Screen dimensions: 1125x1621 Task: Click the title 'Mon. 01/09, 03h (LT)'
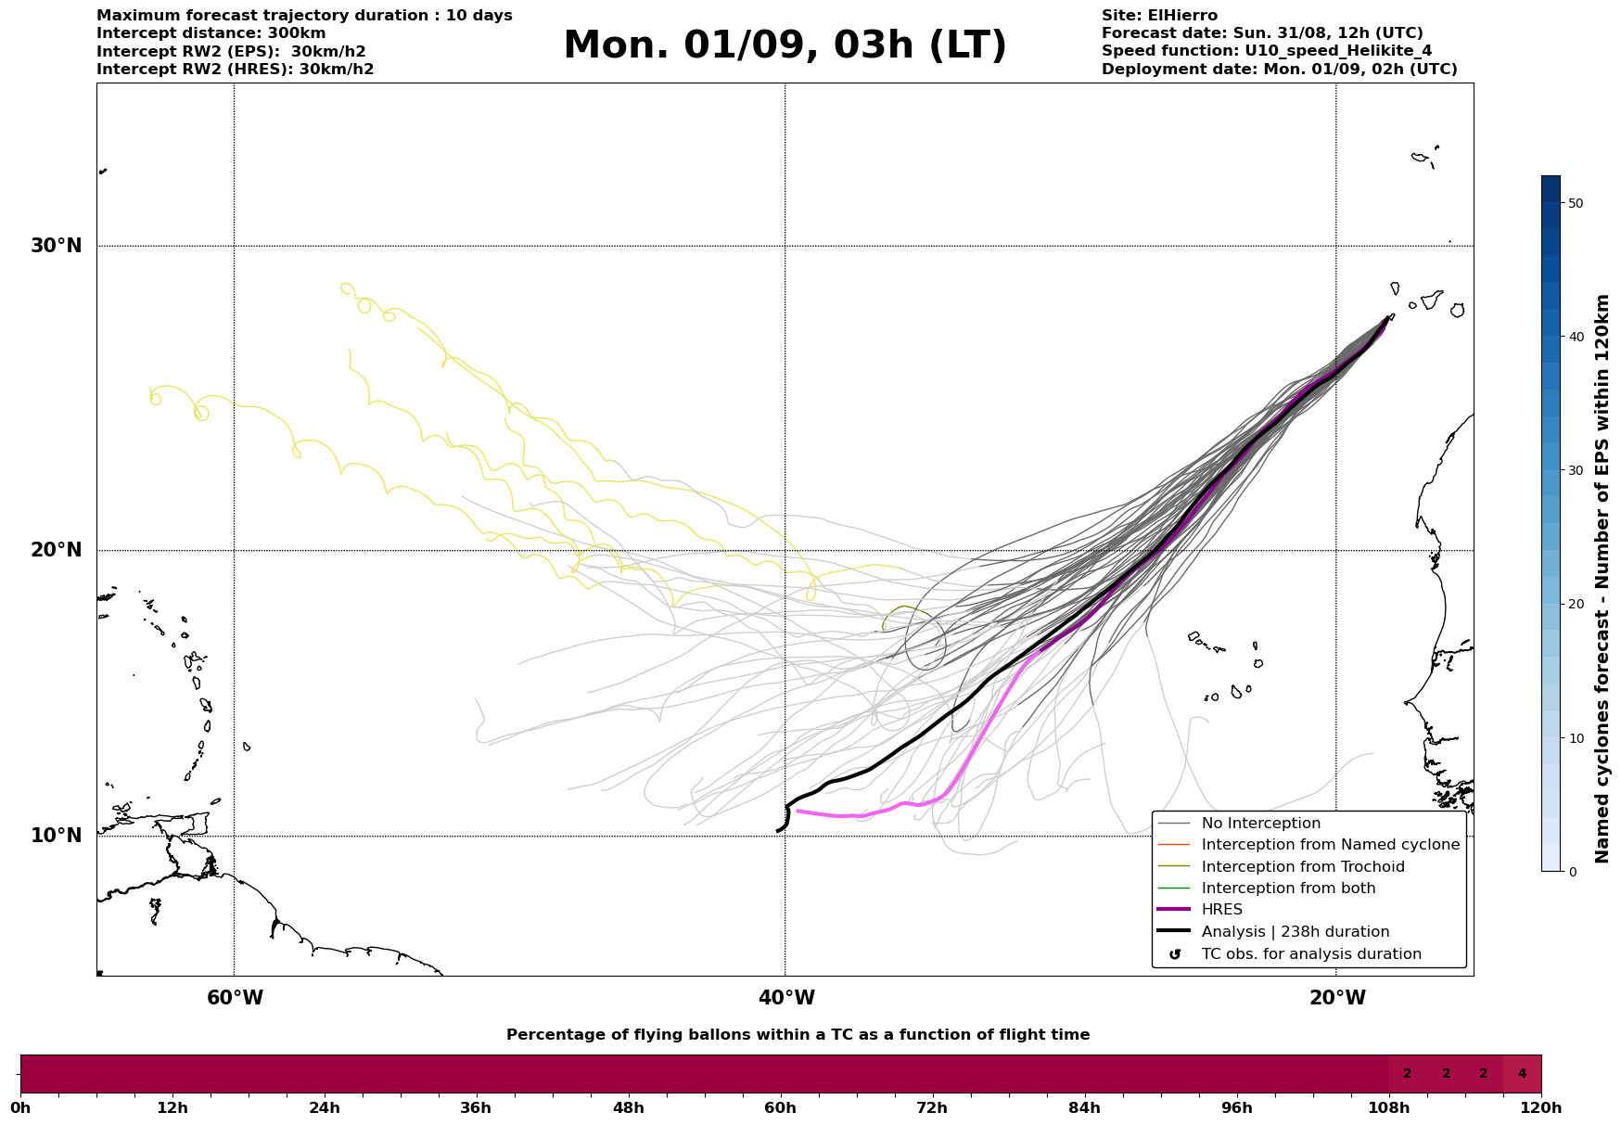(x=785, y=45)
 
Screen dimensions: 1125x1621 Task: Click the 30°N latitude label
(x=57, y=246)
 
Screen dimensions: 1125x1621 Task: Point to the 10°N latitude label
(x=57, y=836)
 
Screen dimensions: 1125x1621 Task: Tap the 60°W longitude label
(x=235, y=998)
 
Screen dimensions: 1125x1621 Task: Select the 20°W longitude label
(x=1336, y=998)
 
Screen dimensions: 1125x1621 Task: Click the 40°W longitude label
(x=786, y=998)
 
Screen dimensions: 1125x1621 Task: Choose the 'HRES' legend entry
(x=1221, y=910)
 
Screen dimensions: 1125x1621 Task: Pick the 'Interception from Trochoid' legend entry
(x=1302, y=867)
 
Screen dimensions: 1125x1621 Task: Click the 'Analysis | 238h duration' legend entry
(x=1295, y=932)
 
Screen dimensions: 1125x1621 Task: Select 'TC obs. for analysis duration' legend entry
(x=1310, y=954)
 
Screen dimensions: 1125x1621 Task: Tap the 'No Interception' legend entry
(x=1260, y=824)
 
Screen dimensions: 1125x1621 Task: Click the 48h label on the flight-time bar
(x=628, y=1107)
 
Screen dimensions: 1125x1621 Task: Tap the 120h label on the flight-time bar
(x=1541, y=1107)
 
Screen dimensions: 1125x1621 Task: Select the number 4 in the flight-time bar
(x=1522, y=1074)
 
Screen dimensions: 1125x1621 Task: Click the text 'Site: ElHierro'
(x=1159, y=16)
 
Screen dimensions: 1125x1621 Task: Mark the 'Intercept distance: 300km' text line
(x=211, y=33)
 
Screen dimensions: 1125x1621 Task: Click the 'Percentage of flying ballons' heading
(x=798, y=1035)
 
